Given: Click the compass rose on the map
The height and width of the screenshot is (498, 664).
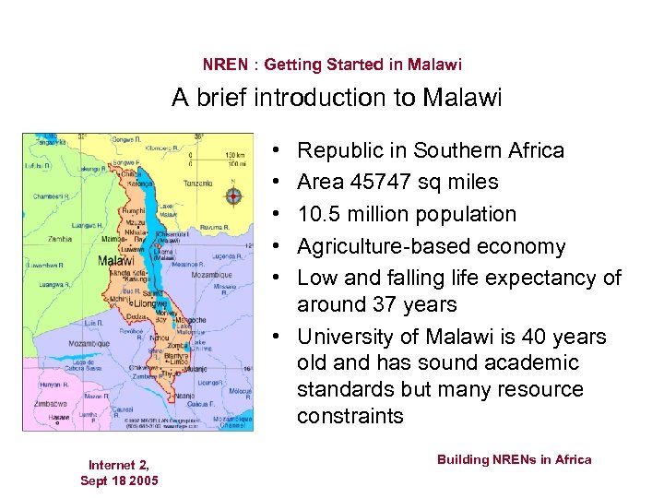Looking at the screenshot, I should [233, 196].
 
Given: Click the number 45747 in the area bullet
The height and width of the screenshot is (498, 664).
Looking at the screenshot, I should [378, 183].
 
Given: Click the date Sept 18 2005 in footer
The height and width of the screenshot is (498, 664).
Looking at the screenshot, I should [119, 480].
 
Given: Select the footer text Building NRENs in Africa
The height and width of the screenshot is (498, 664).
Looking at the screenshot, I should [514, 459].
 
